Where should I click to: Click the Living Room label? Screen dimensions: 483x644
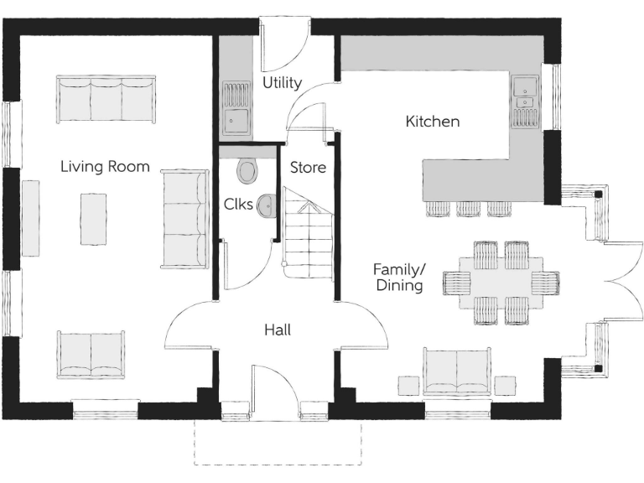coord(105,166)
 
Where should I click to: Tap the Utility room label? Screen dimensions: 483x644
coord(282,82)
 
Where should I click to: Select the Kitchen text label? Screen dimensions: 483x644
coord(433,122)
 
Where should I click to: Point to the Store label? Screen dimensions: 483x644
coord(308,167)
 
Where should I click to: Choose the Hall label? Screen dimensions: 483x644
coord(278,330)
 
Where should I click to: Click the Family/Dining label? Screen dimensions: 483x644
coord(398,277)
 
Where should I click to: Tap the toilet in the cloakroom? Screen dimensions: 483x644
coord(247,171)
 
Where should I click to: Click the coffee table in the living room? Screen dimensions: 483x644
coord(93,218)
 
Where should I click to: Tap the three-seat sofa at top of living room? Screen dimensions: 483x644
coord(106,99)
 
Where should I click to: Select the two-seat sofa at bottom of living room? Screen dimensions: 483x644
coord(91,355)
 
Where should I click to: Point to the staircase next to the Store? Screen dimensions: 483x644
coord(309,238)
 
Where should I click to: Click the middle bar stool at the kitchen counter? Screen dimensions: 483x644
coord(469,207)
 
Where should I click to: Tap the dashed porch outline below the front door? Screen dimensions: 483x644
coord(278,443)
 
